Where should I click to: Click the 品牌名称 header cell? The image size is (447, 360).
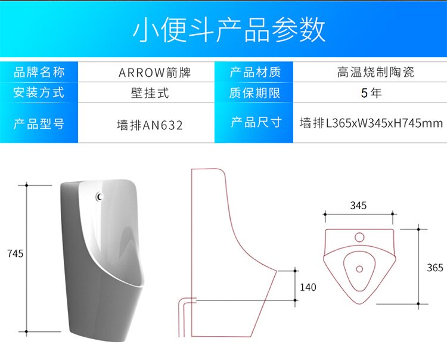39,73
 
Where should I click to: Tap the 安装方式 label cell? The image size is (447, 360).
39,92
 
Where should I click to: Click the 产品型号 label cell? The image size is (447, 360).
39,124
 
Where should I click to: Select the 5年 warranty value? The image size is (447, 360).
371,93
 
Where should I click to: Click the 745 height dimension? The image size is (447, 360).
15,253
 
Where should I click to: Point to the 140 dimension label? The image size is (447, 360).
308,287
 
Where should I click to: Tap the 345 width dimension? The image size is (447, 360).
358,206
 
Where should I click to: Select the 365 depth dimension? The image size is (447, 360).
435,268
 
